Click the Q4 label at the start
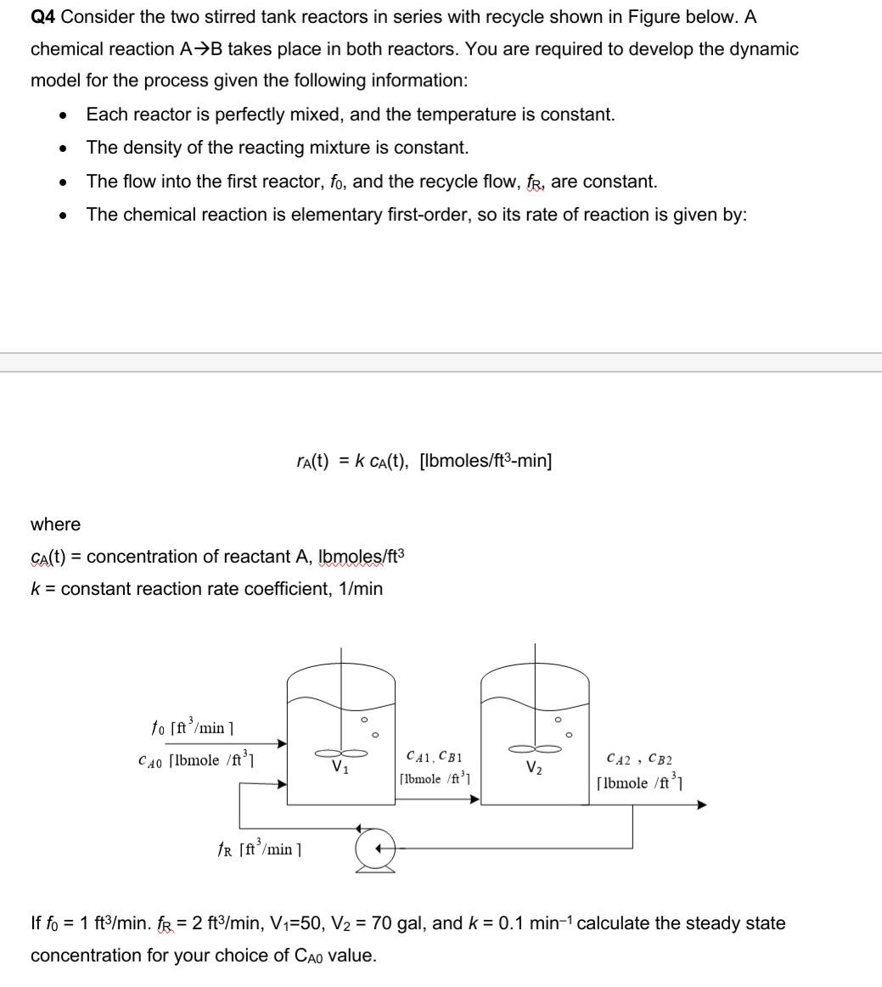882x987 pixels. (43, 17)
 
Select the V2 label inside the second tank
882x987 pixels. (533, 770)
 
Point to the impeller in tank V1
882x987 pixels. (341, 752)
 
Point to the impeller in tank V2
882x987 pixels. (535, 749)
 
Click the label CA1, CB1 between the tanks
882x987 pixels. (434, 755)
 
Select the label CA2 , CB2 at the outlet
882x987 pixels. (639, 760)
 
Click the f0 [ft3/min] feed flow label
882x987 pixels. (192, 727)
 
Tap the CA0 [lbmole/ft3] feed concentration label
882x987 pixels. (194, 760)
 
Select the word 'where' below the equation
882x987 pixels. (55, 524)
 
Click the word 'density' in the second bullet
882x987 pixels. (148, 148)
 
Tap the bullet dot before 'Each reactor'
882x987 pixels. (64, 115)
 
